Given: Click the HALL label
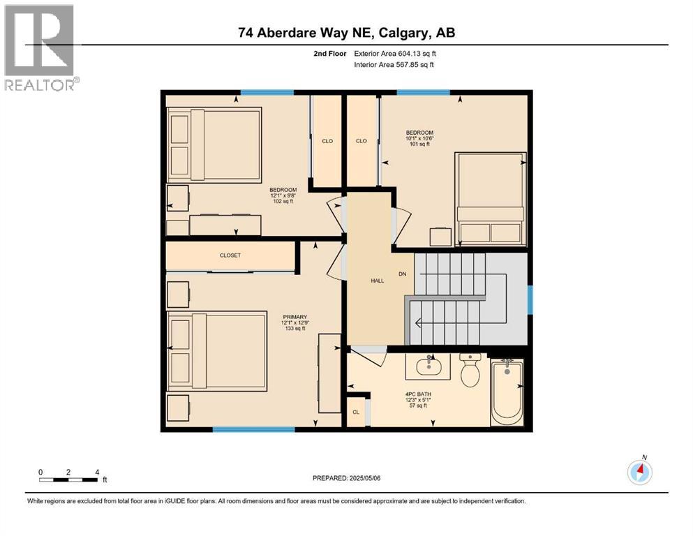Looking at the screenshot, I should coord(378,281).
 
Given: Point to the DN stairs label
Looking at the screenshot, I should coord(402,274).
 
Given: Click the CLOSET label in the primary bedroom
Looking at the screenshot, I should coord(230,255).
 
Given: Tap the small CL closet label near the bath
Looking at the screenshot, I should coord(356,412).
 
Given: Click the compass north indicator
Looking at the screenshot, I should coord(639,472).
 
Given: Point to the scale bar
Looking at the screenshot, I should coord(69,479).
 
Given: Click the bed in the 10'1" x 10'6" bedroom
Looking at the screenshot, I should coord(490,199).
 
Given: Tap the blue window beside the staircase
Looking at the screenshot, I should coord(530,300).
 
